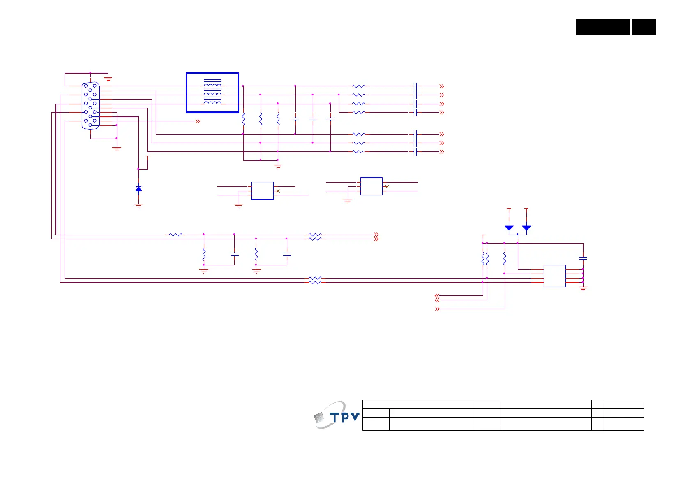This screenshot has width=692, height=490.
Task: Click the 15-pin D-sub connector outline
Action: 90,105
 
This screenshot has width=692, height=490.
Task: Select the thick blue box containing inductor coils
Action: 212,93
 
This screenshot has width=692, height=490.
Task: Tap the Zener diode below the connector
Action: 138,188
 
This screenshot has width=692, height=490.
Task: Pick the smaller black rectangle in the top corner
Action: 644,27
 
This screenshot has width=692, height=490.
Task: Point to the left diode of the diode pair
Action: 509,228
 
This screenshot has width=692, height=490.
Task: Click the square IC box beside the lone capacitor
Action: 554,276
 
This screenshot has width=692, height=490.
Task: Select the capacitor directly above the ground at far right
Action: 583,258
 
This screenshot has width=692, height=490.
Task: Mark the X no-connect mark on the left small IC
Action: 278,191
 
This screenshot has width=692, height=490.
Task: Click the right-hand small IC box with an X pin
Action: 371,186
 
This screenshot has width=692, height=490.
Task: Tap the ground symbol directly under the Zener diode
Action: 138,206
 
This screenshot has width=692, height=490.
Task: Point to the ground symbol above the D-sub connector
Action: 108,78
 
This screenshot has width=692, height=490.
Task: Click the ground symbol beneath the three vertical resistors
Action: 278,167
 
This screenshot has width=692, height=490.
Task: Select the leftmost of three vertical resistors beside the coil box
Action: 243,119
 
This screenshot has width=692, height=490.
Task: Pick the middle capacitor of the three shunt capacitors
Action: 313,118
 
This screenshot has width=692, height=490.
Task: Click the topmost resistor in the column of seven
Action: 359,86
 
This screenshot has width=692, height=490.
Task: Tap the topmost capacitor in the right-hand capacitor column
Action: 415,86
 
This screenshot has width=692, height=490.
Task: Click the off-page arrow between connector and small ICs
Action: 198,121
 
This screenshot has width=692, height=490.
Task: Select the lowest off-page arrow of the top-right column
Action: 442,152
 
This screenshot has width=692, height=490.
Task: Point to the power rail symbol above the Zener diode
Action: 148,157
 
